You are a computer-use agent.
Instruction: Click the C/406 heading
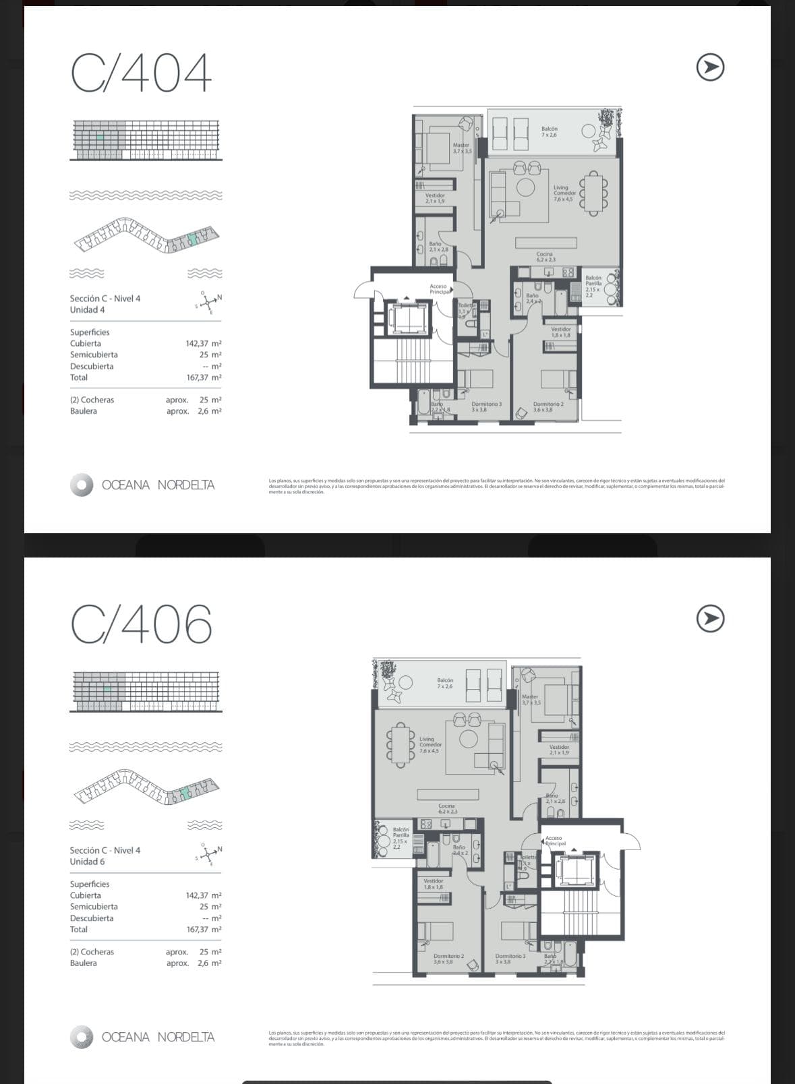[x=141, y=624]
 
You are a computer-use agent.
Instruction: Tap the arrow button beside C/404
[x=709, y=67]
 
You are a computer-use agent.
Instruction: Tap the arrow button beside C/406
[x=709, y=619]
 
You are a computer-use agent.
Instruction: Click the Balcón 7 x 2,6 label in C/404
[x=549, y=131]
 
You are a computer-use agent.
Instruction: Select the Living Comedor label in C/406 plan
[x=430, y=744]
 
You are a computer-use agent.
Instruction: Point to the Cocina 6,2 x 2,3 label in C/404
[x=546, y=257]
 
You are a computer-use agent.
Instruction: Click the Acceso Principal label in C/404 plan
[x=439, y=289]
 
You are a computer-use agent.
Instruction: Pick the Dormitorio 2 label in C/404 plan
[x=548, y=406]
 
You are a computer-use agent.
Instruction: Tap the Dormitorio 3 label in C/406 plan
[x=510, y=959]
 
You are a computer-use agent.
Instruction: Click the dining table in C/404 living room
[x=593, y=193]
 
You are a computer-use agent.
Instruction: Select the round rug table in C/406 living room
[x=469, y=739]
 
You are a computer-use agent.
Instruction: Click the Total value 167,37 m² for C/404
[x=203, y=378]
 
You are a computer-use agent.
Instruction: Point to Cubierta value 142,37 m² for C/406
[x=203, y=895]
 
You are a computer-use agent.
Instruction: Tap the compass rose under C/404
[x=210, y=303]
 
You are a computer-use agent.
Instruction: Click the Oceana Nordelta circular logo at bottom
[x=82, y=1037]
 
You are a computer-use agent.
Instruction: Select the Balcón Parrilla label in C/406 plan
[x=401, y=837]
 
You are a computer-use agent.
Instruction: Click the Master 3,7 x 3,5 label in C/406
[x=531, y=699]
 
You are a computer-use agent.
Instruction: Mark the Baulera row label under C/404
[x=84, y=411]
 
